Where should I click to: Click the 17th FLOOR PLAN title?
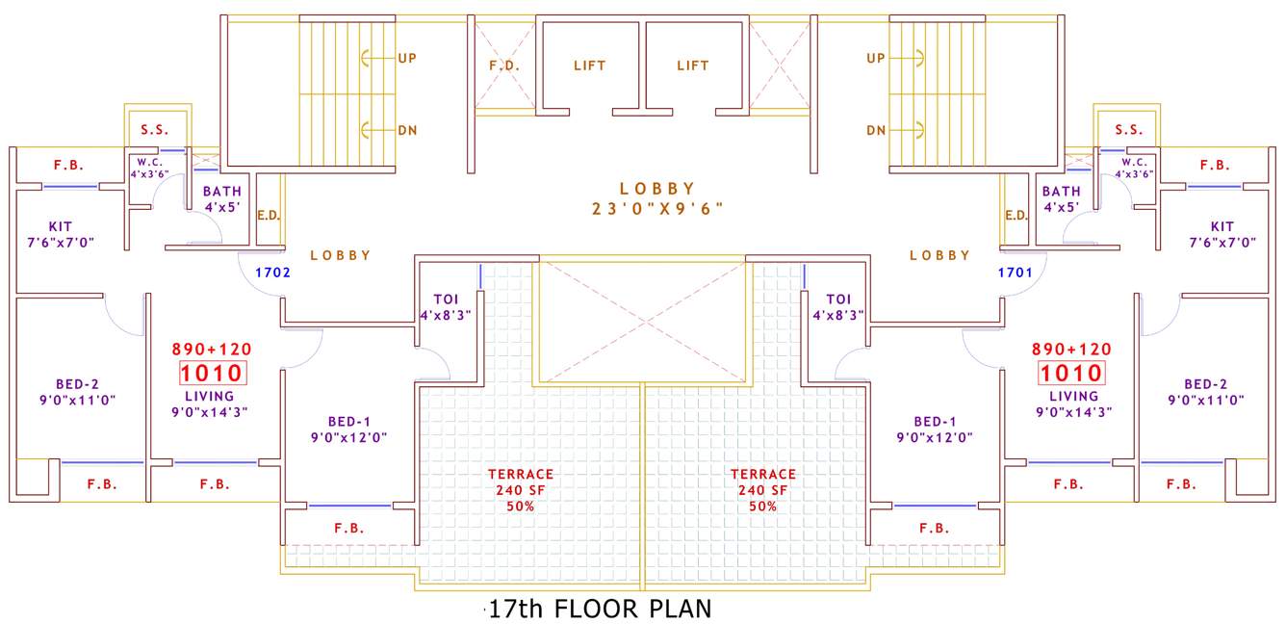[600, 610]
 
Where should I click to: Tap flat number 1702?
[272, 273]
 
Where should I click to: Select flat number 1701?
[1015, 273]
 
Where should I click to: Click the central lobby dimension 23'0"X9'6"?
[657, 208]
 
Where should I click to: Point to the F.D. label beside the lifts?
[504, 65]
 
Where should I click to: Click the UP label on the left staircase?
[407, 58]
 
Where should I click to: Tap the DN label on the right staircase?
[876, 130]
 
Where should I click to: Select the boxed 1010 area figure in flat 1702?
[210, 374]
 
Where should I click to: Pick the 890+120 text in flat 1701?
[1071, 349]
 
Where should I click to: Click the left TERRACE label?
[521, 474]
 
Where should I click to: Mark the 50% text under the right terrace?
[762, 507]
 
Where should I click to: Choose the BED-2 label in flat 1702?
[66, 383]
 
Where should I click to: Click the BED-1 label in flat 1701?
[935, 421]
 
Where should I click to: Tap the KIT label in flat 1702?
[61, 226]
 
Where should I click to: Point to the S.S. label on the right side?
[1129, 130]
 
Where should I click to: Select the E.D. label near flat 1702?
[269, 215]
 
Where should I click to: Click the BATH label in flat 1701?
[1061, 192]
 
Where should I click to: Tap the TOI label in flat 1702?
[445, 299]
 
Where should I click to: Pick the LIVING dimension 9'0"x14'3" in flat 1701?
[1073, 411]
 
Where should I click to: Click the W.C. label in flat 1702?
[149, 162]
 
